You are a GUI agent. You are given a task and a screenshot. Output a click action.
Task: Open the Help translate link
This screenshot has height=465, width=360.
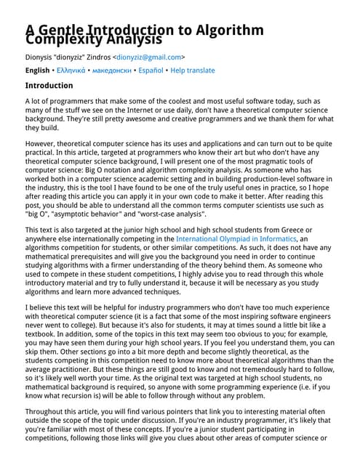(x=192, y=70)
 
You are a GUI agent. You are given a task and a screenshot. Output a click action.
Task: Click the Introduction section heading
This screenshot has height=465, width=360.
(x=54, y=85)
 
